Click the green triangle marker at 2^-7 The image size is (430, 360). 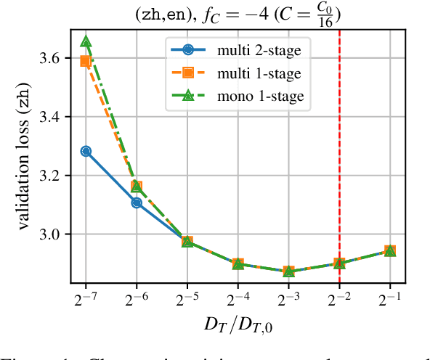pyautogui.click(x=86, y=41)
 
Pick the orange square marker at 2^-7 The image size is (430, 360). pyautogui.click(x=86, y=61)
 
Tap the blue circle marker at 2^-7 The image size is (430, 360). pyautogui.click(x=86, y=151)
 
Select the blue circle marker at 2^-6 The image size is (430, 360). pyautogui.click(x=137, y=202)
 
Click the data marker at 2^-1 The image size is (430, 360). pyautogui.click(x=390, y=250)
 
